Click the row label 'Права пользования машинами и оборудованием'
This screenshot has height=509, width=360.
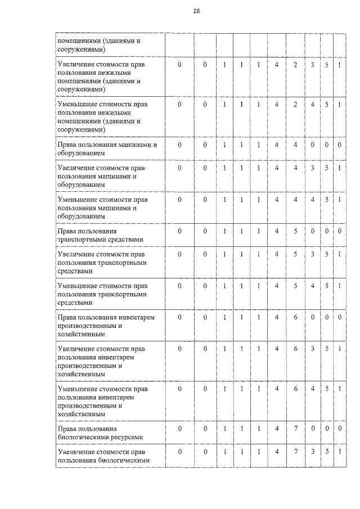[x=106, y=148]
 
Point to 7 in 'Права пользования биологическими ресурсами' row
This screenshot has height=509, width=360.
[x=295, y=429]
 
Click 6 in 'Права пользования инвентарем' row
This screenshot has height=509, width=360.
[x=295, y=317]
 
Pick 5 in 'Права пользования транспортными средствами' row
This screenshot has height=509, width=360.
[x=295, y=231]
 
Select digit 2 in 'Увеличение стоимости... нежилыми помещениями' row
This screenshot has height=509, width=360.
[x=295, y=66]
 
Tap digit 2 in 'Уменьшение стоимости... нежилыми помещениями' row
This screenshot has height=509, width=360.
[x=295, y=105]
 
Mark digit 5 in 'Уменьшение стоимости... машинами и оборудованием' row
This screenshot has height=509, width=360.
[x=327, y=200]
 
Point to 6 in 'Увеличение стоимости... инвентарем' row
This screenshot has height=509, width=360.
[x=295, y=349]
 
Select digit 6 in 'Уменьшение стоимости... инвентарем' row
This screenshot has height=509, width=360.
[x=295, y=389]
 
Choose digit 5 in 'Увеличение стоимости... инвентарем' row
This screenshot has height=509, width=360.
[x=327, y=349]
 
